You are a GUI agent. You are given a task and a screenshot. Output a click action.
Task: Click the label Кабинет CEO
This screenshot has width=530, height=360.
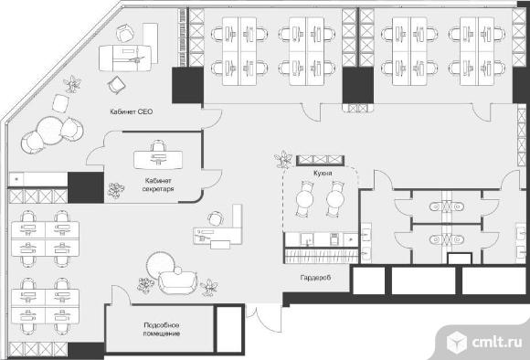[132, 111]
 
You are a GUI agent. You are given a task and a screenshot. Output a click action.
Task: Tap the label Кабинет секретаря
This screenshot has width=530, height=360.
[158, 185]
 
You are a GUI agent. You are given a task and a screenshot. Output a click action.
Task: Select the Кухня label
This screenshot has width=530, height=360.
[323, 173]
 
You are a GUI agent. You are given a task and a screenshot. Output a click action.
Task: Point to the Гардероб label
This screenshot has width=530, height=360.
[315, 278]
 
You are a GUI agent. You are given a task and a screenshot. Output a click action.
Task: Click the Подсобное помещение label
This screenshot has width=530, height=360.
[162, 329]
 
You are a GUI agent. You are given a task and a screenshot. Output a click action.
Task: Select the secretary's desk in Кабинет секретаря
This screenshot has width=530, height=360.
[158, 160]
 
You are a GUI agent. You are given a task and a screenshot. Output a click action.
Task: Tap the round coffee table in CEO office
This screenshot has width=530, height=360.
[50, 130]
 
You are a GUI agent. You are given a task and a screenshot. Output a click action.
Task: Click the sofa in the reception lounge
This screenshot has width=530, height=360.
[177, 281]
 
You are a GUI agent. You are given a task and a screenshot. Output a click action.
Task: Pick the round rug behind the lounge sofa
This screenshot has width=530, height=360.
[160, 264]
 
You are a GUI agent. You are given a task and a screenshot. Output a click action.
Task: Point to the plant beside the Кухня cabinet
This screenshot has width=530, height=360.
[283, 159]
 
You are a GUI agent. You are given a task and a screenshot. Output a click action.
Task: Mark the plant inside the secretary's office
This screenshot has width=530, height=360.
[116, 190]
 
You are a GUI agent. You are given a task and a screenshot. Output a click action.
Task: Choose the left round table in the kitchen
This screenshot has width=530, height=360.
[305, 199]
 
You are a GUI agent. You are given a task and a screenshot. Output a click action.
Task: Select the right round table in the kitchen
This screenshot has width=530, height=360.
[335, 199]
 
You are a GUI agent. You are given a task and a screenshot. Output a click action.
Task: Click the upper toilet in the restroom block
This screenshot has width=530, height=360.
[447, 206]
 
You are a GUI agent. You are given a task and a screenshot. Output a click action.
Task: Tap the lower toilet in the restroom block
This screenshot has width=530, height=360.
[447, 239]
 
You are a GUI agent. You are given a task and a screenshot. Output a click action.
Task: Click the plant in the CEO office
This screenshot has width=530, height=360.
[72, 83]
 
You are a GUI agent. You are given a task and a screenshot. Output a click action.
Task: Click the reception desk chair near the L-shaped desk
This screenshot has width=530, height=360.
[216, 218]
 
